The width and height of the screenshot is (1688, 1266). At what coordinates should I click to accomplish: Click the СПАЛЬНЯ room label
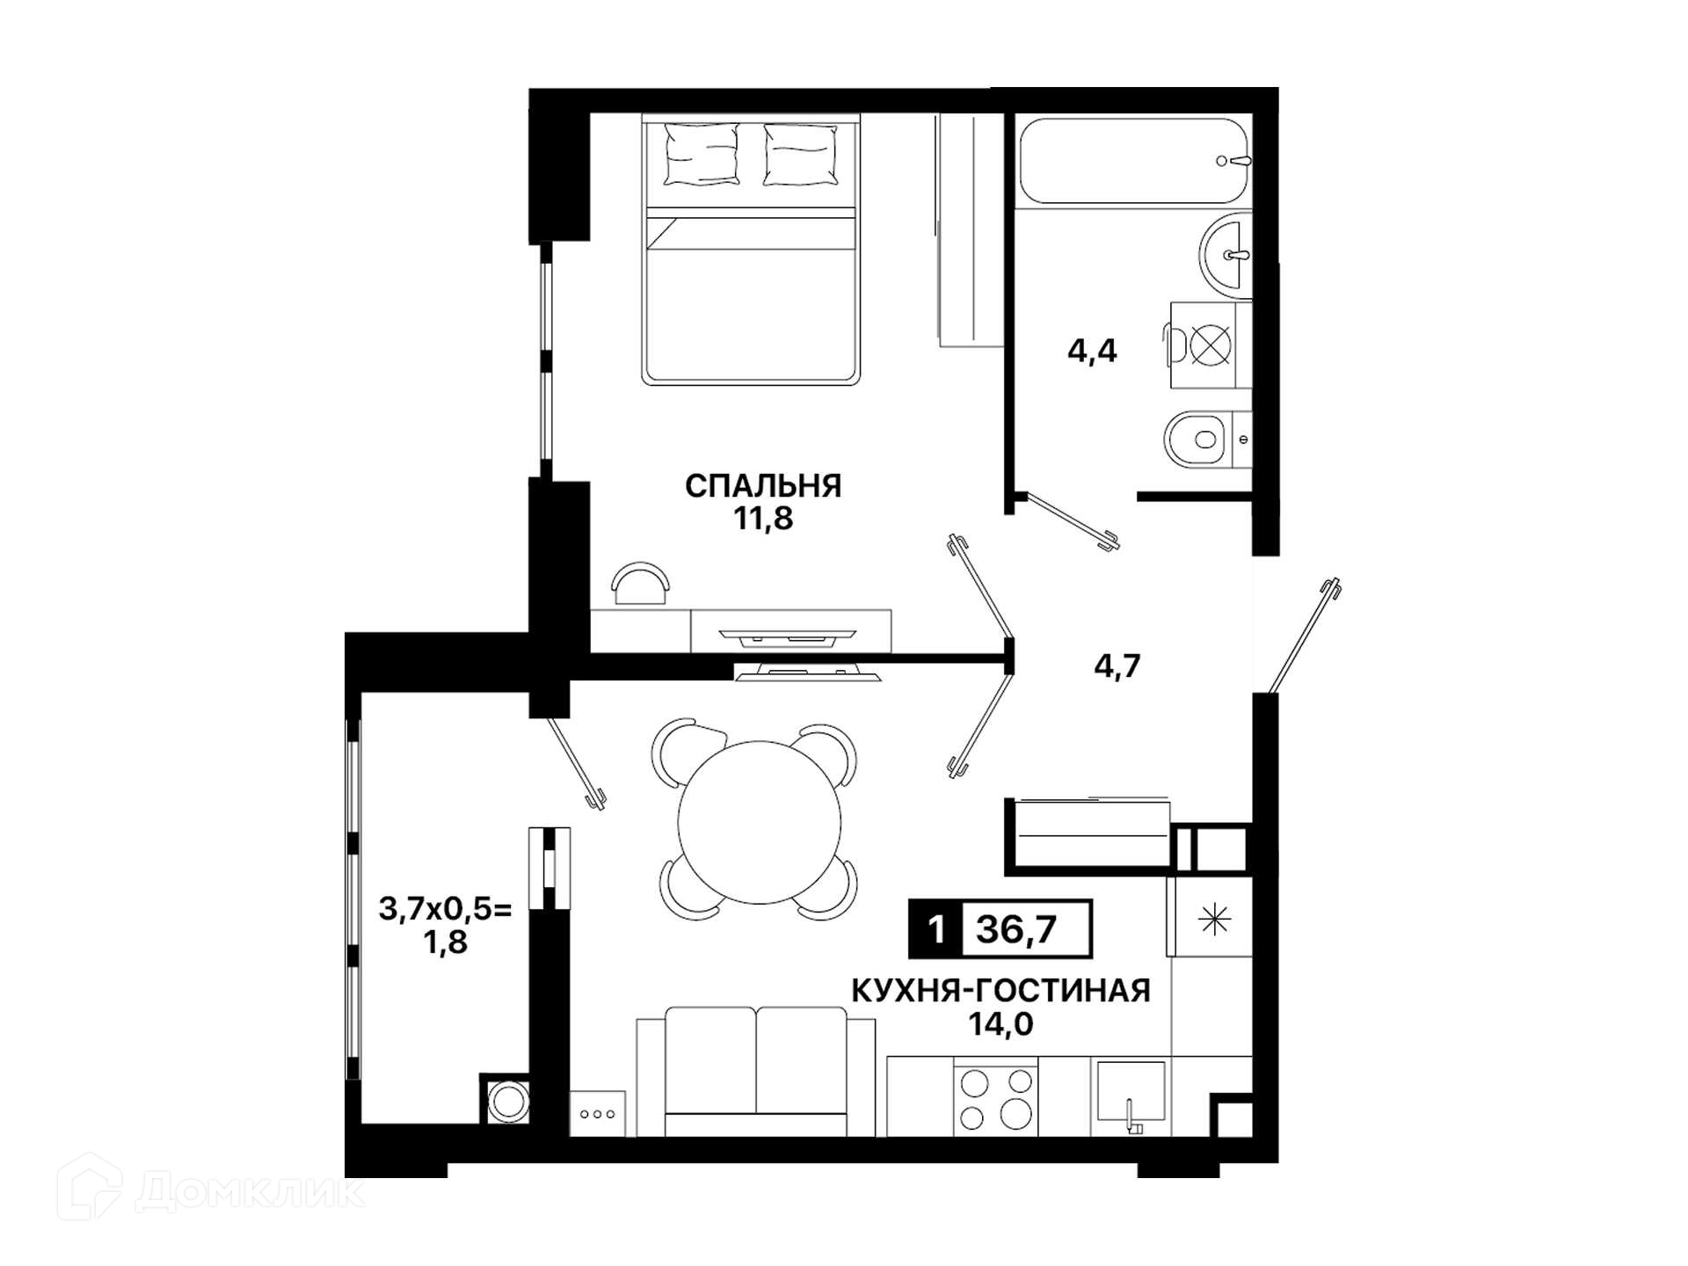pyautogui.click(x=763, y=485)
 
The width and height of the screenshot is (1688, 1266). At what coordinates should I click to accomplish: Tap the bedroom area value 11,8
pyautogui.click(x=764, y=519)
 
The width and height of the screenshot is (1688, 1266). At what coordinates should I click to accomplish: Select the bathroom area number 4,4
pyautogui.click(x=1092, y=351)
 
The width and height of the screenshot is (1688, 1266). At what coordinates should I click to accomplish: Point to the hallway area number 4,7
pyautogui.click(x=1117, y=666)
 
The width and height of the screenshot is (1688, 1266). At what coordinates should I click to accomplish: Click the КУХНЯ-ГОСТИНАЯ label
pyautogui.click(x=1000, y=991)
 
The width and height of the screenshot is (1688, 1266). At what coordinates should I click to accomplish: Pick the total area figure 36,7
pyautogui.click(x=1016, y=928)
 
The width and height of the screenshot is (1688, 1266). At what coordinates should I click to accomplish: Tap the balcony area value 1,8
pyautogui.click(x=445, y=942)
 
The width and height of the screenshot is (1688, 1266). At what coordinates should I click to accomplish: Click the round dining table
pyautogui.click(x=759, y=822)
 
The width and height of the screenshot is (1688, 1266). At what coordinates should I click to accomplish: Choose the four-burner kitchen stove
pyautogui.click(x=996, y=1096)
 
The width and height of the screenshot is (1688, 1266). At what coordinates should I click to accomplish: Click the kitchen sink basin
pyautogui.click(x=1131, y=1091)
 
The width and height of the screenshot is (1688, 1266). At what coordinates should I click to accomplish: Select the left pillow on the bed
pyautogui.click(x=701, y=154)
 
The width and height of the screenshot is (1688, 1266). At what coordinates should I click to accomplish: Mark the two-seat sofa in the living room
pyautogui.click(x=756, y=1072)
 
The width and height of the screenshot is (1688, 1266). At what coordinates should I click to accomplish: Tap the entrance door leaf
pyautogui.click(x=1303, y=633)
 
